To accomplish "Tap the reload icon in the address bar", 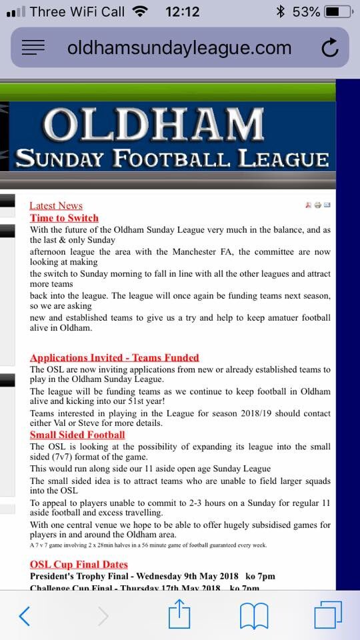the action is [329, 48].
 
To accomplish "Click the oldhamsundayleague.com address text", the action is [179, 48].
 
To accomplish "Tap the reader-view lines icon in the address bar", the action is [33, 47].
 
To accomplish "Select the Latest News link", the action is [56, 206].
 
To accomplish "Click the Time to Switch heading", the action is [64, 218].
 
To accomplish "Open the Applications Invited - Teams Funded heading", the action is [115, 358].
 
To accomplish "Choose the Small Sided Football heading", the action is [77, 435].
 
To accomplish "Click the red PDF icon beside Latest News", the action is [308, 205].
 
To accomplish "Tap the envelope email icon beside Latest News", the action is [327, 205].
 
